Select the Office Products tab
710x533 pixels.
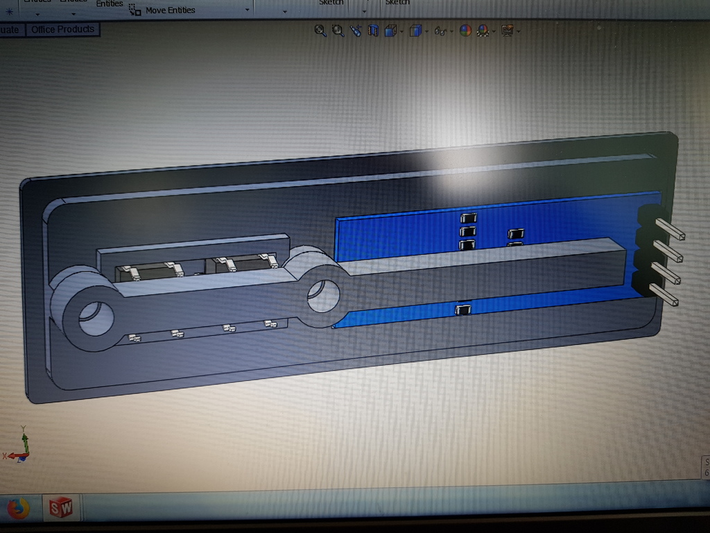point(62,29)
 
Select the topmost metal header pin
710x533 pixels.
point(669,230)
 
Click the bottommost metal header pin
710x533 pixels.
point(666,294)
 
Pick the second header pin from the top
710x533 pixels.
point(669,251)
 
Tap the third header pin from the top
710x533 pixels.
point(668,273)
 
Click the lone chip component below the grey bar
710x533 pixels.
point(462,309)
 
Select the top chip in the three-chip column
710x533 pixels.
point(468,218)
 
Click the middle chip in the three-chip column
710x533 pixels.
point(468,231)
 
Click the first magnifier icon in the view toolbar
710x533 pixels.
point(320,31)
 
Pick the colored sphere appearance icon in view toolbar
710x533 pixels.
point(465,31)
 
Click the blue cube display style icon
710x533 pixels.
point(415,31)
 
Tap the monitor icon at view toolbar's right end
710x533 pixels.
point(507,31)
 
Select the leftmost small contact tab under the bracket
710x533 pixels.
point(135,338)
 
